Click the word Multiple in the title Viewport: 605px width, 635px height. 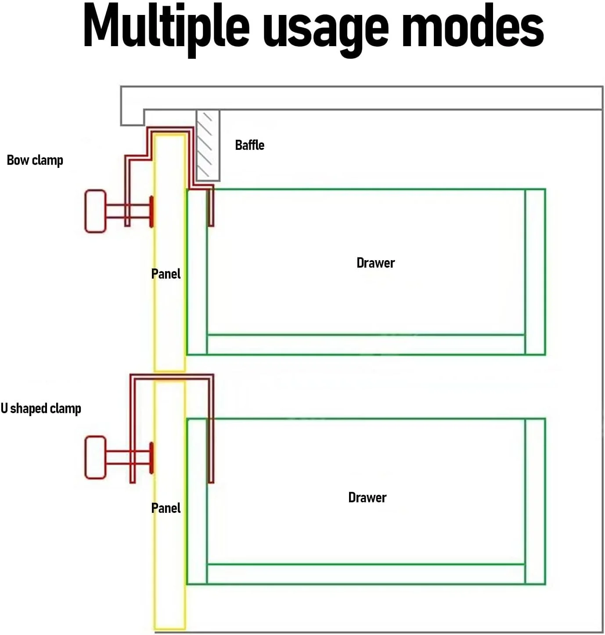[166, 29]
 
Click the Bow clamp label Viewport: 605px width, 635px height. [35, 160]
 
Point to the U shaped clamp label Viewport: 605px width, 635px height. [41, 409]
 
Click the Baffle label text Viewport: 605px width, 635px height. [249, 145]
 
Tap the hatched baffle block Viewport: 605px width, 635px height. [208, 145]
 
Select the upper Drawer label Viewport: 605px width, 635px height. [375, 263]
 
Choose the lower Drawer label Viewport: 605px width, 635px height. [367, 498]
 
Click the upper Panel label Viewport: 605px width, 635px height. [166, 274]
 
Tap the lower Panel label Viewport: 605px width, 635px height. [166, 508]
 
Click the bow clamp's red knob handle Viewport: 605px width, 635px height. [96, 211]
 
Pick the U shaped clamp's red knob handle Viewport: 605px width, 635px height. [96, 457]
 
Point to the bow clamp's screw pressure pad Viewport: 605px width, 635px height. [151, 211]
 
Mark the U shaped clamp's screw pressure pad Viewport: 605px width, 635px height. [151, 458]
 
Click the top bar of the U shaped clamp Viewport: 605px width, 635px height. [172, 377]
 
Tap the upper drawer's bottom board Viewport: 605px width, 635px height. [366, 345]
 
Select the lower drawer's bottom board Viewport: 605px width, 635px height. [366, 574]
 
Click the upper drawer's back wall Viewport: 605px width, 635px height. [535, 272]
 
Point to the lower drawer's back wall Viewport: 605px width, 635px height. [535, 501]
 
